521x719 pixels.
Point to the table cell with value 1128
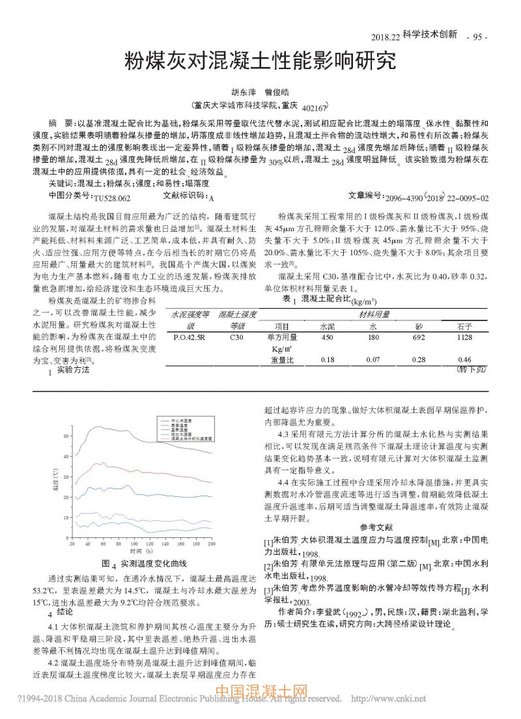coord(464,337)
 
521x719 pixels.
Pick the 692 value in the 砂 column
coord(419,337)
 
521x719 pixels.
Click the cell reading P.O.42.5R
coord(190,337)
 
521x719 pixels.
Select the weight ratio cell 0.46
coord(464,359)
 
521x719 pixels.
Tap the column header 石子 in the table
coord(464,326)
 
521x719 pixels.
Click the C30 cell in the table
coord(237,337)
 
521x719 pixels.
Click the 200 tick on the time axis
coord(211,543)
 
